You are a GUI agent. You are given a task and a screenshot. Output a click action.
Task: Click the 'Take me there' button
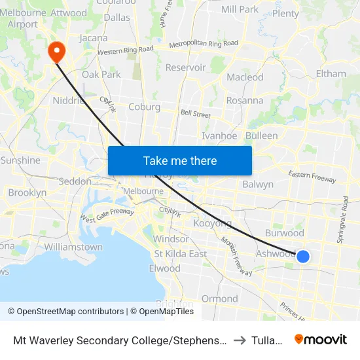[180, 160]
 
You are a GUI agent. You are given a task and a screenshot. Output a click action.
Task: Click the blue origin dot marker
[303, 256]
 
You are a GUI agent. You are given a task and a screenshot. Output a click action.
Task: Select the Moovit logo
[321, 340]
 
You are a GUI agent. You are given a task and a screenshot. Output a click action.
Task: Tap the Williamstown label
[73, 247]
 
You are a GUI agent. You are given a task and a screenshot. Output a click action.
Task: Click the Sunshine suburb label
[20, 160]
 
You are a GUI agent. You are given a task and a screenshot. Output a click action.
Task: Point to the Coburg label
[144, 107]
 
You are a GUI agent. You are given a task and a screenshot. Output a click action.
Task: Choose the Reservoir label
[186, 67]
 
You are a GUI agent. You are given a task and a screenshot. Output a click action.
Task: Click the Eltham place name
[331, 73]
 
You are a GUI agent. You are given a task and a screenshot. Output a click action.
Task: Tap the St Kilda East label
[180, 254]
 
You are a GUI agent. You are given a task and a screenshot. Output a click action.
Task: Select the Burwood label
[284, 233]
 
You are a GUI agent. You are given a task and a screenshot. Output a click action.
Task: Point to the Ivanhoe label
[219, 136]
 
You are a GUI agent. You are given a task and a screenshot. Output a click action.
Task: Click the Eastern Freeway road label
[312, 177]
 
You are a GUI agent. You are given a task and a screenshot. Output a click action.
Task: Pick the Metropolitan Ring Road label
[204, 44]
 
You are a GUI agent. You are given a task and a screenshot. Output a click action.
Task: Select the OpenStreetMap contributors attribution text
[65, 312]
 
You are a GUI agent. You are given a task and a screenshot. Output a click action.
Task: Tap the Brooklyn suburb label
[27, 193]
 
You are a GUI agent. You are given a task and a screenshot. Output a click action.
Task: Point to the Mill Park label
[240, 9]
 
